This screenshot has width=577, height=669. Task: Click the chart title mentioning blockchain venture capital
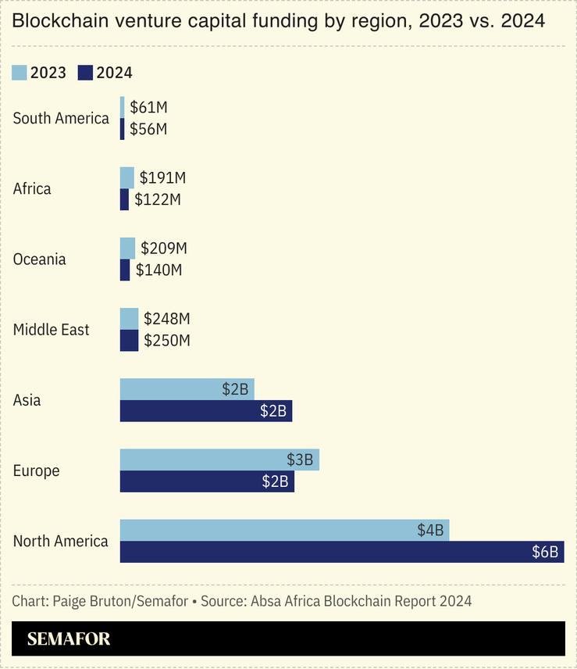(x=278, y=22)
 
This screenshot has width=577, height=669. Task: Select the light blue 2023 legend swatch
(x=20, y=73)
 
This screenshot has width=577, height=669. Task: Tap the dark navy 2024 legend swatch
(x=85, y=73)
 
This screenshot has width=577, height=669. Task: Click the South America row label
(x=61, y=118)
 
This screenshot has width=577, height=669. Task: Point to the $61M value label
(x=148, y=107)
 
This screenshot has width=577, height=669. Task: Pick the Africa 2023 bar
(x=126, y=177)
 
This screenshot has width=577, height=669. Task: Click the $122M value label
(x=158, y=199)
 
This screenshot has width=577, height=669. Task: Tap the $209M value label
(x=164, y=249)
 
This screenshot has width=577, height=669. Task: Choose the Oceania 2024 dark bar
(x=125, y=270)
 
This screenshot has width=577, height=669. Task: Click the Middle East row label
(x=52, y=330)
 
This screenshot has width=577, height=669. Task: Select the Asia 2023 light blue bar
(x=187, y=389)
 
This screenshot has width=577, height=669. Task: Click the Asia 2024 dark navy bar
(x=205, y=411)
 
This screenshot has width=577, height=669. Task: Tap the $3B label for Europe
(x=299, y=460)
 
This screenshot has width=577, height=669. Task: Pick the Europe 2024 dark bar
(x=207, y=481)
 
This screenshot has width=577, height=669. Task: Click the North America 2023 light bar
(x=284, y=530)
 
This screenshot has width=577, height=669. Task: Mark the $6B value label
(x=545, y=552)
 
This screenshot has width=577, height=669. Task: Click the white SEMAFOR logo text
(x=69, y=639)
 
